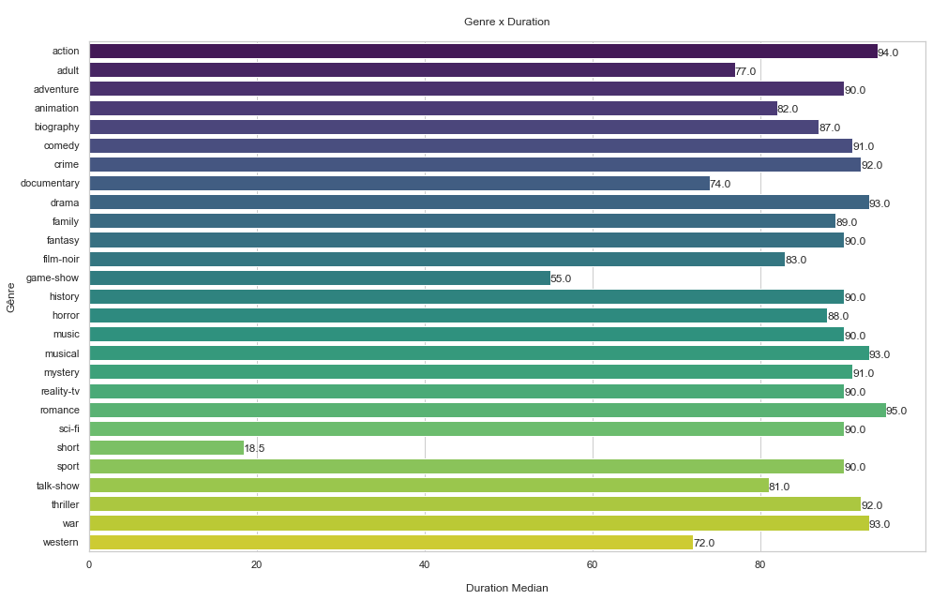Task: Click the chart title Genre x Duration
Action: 506,22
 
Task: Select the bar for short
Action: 166,448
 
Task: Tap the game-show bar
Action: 320,278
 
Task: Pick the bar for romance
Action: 488,411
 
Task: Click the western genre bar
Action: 391,543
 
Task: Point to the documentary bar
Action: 399,184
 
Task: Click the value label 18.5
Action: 254,449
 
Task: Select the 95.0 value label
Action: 896,412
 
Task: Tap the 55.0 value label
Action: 561,279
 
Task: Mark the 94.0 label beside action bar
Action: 888,52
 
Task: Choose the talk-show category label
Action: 58,486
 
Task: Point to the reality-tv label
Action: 60,391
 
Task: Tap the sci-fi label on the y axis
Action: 68,428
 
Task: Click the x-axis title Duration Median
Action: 506,588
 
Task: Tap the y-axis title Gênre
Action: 11,296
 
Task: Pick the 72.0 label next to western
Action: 704,544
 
